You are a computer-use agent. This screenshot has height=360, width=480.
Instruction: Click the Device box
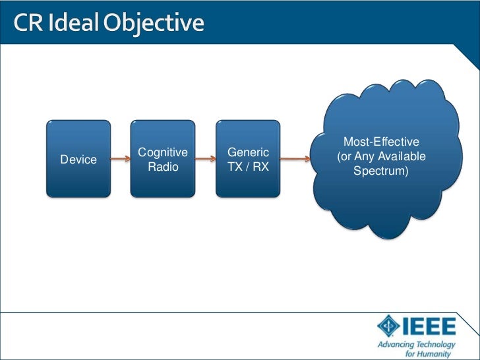(x=78, y=158)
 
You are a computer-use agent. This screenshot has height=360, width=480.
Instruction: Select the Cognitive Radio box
(x=163, y=158)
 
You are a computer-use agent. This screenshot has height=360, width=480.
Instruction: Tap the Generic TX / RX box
(x=248, y=158)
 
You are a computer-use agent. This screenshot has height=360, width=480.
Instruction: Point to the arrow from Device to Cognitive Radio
(x=120, y=159)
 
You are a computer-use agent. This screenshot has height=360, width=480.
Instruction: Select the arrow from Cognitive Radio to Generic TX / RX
(x=205, y=159)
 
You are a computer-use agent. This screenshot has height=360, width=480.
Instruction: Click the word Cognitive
(x=163, y=153)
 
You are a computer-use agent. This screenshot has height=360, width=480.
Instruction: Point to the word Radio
(x=163, y=167)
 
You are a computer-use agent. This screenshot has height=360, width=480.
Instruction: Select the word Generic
(x=248, y=153)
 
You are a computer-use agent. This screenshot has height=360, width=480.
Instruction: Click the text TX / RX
(x=248, y=167)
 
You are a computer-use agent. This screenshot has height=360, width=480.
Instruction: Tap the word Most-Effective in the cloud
(x=382, y=142)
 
